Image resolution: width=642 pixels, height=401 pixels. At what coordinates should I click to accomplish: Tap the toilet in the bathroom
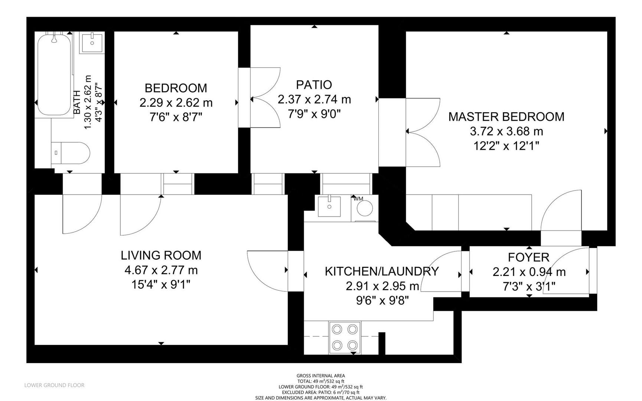[70, 152]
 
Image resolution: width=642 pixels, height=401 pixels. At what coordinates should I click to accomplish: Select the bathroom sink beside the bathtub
[92, 43]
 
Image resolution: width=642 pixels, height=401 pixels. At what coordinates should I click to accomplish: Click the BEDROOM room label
[176, 88]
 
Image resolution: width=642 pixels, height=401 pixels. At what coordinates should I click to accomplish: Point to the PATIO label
[314, 85]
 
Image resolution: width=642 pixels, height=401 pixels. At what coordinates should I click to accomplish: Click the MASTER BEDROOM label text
[506, 117]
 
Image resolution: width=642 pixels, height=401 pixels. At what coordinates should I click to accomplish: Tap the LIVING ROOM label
[161, 255]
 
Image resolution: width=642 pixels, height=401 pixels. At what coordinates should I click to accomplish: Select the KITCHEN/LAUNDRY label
[382, 271]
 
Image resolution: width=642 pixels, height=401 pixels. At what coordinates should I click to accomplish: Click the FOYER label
[528, 257]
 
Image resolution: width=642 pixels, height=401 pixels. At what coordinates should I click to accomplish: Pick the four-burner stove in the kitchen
[345, 337]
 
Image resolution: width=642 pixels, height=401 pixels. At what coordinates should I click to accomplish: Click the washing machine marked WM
[364, 208]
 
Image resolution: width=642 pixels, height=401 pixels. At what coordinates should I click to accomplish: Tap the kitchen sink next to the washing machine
[329, 206]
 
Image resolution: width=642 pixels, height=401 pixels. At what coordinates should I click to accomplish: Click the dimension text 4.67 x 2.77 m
[161, 270]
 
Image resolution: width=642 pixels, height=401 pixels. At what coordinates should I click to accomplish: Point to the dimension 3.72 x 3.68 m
[506, 131]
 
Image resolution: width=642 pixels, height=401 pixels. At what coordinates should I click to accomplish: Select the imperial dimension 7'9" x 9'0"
[314, 114]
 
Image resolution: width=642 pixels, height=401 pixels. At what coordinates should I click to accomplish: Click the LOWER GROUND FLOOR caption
[54, 385]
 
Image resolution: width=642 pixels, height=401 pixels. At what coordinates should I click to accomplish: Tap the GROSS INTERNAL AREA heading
[320, 376]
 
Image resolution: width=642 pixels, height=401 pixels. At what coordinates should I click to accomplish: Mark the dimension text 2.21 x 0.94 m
[529, 272]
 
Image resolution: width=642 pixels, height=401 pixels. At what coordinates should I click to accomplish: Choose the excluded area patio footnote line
[320, 392]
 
